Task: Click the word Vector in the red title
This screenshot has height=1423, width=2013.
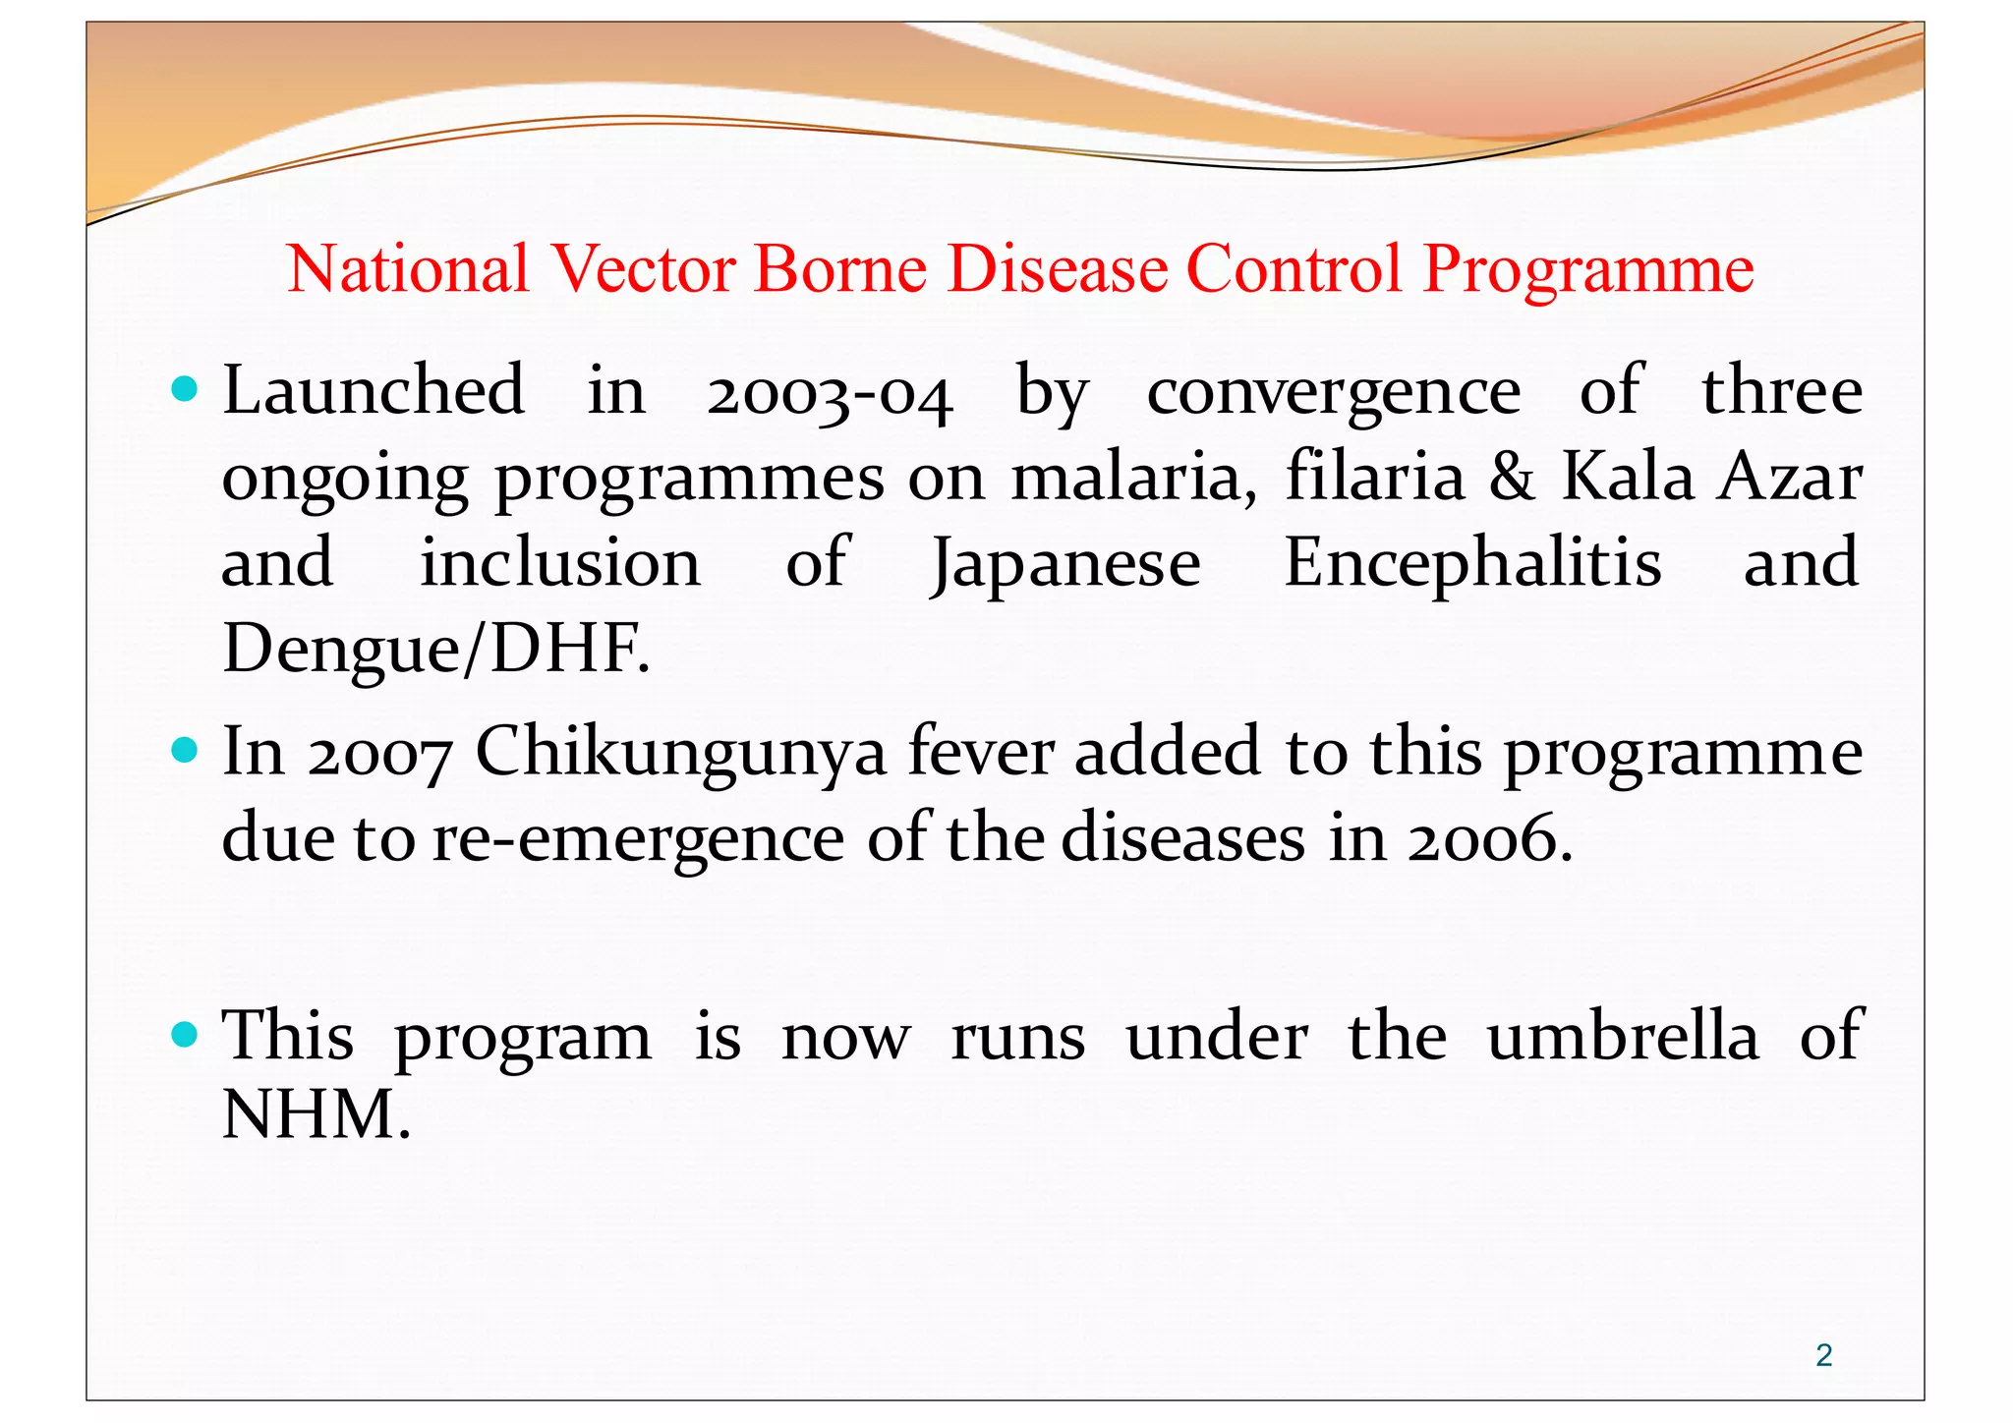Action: point(644,268)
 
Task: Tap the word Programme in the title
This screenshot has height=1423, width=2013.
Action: point(1587,268)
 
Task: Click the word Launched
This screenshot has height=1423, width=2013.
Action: point(374,390)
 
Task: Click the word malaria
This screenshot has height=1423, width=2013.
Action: point(1132,478)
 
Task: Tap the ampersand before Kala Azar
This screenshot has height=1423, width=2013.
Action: point(1511,478)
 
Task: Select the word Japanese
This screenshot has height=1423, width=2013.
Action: point(1065,564)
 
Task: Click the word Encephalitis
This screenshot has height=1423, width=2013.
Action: point(1472,564)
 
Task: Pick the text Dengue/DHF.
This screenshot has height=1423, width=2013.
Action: point(435,650)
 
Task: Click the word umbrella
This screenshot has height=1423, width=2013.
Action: point(1622,1037)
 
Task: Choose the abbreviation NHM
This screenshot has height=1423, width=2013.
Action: point(315,1115)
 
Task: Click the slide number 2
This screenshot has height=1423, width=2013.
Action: point(1823,1355)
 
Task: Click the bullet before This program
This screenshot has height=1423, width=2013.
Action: point(184,1035)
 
